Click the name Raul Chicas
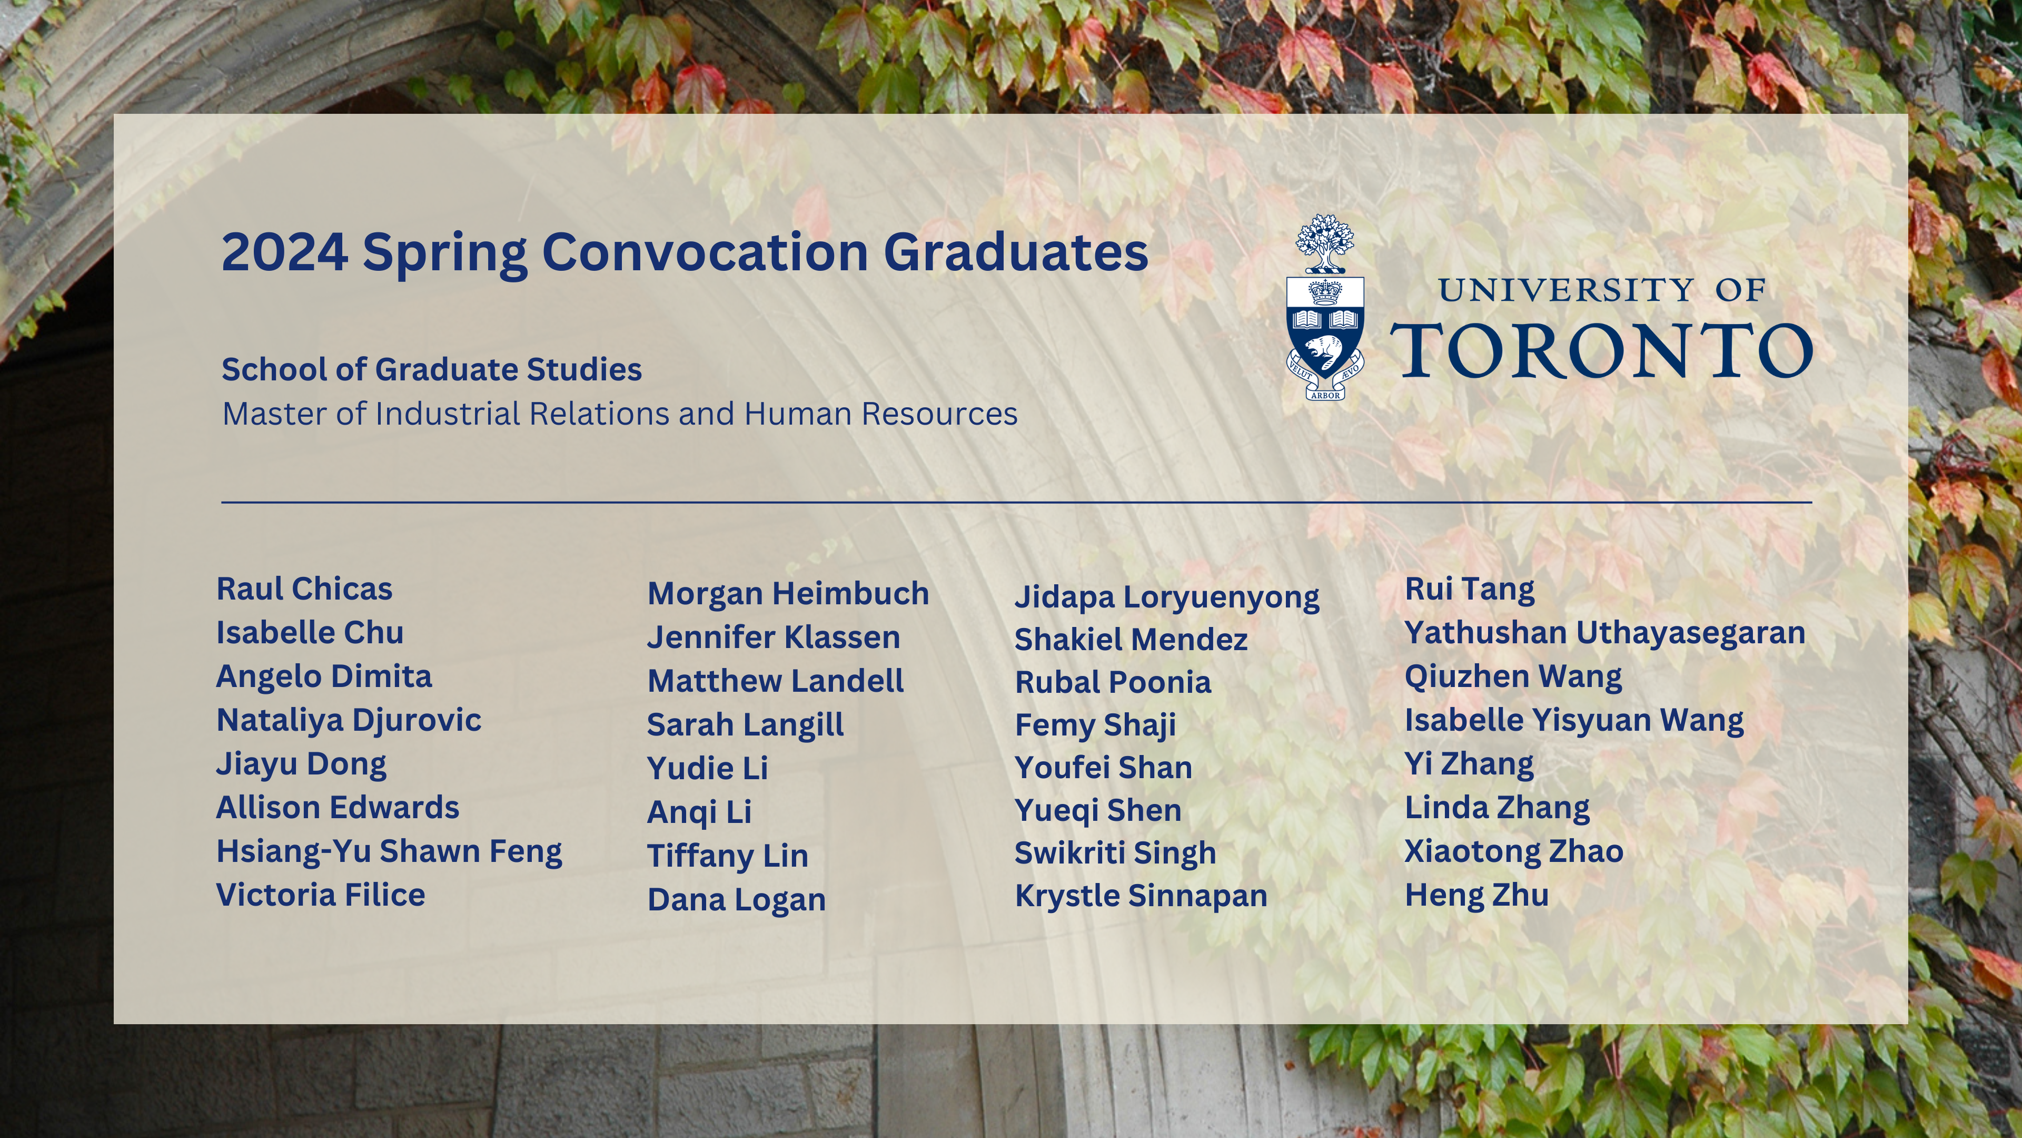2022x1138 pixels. coord(304,589)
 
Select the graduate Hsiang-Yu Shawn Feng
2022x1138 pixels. coord(389,852)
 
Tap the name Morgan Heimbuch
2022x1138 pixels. coord(788,594)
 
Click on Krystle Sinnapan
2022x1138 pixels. coord(1141,896)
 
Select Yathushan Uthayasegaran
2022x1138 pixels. coord(1605,633)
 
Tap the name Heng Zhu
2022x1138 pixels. coord(1476,895)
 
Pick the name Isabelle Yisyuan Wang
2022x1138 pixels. coord(1574,721)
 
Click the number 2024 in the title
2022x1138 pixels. coord(285,252)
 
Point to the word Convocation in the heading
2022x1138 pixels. coord(705,252)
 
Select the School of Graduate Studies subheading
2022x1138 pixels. coord(432,369)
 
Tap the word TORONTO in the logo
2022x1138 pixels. coord(1601,350)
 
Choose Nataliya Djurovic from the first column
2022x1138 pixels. coord(349,721)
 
